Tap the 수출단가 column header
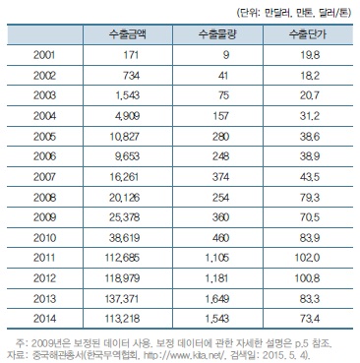[x=297, y=35]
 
